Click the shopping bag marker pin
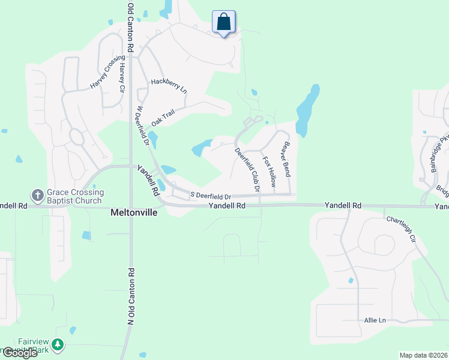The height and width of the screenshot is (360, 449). tap(224, 23)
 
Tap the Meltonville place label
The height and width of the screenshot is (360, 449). tap(134, 212)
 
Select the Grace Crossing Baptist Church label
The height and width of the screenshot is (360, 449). tap(76, 196)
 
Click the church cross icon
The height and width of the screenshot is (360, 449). tap(37, 196)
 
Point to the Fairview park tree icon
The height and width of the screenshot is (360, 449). tap(57, 344)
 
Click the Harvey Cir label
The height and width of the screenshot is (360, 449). tap(122, 77)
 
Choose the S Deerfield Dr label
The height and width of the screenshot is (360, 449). tap(211, 196)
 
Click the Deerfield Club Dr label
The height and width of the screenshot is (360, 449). tap(247, 170)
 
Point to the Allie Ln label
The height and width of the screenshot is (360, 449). tap(375, 320)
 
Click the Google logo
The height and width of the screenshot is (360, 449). tap(19, 353)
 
